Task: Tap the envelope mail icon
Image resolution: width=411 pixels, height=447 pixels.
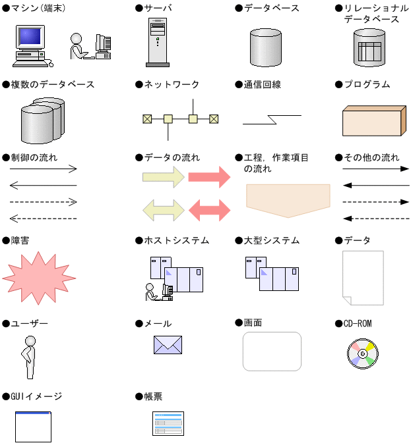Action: point(168,345)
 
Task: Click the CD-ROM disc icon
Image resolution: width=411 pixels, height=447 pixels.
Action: point(362,353)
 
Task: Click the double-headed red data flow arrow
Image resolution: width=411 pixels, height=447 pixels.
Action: point(209,210)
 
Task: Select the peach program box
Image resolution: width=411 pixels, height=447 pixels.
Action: point(372,120)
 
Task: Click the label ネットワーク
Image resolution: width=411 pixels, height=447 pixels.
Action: point(171,85)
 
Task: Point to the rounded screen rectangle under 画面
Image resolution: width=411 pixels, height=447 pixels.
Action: point(272,352)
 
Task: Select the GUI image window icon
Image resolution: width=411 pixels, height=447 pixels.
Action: point(33,427)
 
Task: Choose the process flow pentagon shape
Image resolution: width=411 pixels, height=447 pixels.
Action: point(288,199)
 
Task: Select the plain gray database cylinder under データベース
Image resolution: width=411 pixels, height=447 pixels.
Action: point(266,46)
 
